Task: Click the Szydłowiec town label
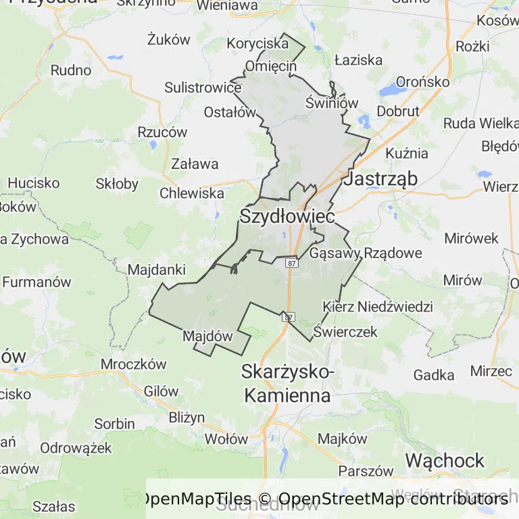point(287,217)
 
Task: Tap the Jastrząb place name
point(381,179)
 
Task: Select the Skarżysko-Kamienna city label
point(287,384)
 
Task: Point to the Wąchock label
point(445,461)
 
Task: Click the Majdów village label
point(207,336)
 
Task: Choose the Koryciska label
point(258,44)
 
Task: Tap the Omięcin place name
point(271,66)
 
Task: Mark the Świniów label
point(331,103)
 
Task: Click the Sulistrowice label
point(203,88)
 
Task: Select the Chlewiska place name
point(192,193)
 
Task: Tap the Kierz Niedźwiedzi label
point(378,307)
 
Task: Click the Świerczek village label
point(345,332)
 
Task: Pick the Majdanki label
point(157,270)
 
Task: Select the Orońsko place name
point(422,82)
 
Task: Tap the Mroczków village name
point(133,364)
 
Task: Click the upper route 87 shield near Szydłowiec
point(291,263)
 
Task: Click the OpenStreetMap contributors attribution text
point(393,499)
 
